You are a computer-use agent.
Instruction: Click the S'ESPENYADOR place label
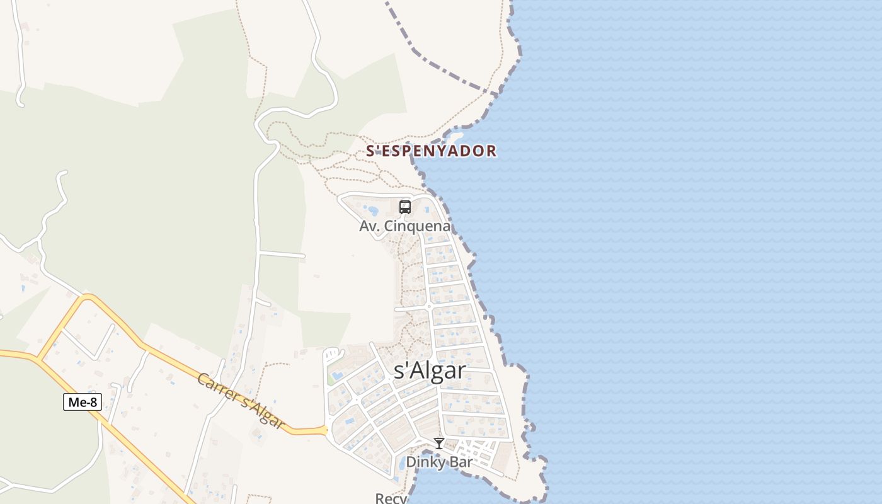click(432, 151)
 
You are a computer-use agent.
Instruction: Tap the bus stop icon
click(405, 207)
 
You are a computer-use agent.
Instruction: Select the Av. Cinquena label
click(405, 226)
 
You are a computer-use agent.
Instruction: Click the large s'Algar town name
click(430, 370)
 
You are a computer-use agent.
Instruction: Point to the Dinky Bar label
click(440, 462)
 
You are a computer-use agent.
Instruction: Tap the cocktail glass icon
click(439, 444)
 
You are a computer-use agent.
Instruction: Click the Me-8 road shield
click(83, 402)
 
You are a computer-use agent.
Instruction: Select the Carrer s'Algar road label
click(240, 401)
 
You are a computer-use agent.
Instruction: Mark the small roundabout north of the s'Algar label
click(429, 306)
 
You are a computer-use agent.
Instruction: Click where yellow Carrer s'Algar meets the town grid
click(326, 430)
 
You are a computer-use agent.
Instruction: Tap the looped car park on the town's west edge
click(333, 353)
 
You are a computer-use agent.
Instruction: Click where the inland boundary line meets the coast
click(498, 95)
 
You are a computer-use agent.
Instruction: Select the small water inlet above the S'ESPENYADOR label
click(455, 135)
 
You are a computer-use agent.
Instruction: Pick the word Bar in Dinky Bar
click(459, 462)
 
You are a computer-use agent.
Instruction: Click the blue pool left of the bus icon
click(373, 210)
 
